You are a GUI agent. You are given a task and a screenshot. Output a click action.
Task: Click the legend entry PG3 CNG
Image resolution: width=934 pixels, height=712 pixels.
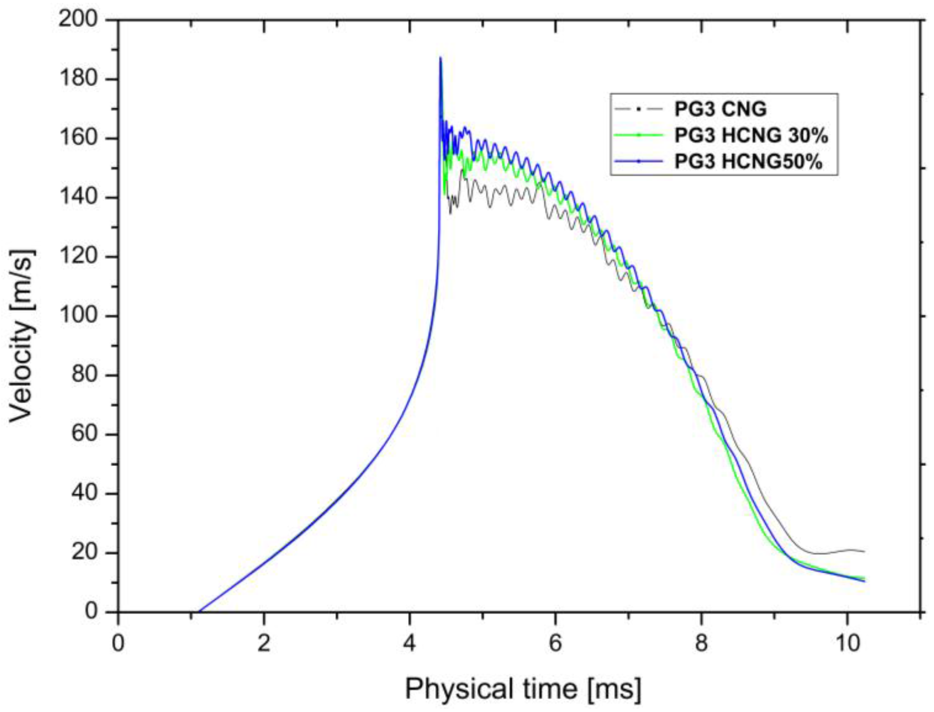(720, 109)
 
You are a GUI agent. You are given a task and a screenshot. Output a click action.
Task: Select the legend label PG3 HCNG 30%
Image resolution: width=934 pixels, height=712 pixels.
(751, 136)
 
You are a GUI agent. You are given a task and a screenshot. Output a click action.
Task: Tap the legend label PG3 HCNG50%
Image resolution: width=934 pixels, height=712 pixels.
(748, 161)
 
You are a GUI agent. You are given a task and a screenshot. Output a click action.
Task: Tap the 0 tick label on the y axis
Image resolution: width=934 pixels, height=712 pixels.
(90, 612)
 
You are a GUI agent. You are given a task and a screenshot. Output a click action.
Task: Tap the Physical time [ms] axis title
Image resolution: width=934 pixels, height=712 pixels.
(523, 689)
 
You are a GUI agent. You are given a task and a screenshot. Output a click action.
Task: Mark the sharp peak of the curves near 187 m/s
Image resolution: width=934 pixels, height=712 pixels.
(440, 57)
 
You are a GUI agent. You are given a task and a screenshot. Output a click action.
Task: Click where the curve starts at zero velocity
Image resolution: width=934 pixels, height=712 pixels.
(198, 611)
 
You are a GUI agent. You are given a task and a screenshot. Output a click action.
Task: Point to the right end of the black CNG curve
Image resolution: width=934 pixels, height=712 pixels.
(865, 551)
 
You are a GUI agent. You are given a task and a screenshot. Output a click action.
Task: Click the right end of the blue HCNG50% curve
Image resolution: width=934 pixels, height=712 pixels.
(865, 581)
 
